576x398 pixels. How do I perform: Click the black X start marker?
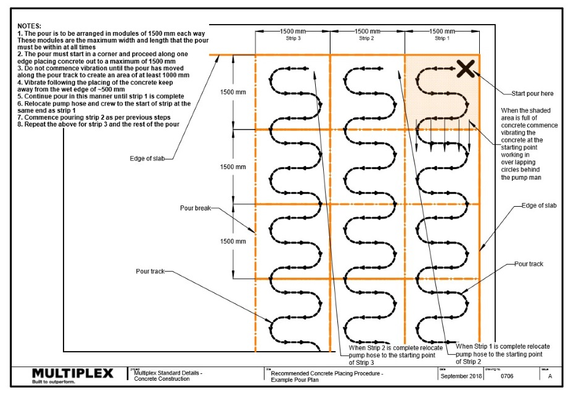click(x=466, y=69)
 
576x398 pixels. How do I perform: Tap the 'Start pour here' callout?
click(x=532, y=94)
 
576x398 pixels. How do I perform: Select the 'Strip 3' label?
click(x=293, y=38)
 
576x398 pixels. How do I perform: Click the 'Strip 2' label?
click(x=368, y=38)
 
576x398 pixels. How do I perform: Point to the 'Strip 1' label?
click(x=442, y=38)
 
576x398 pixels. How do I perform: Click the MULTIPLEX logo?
click(x=72, y=373)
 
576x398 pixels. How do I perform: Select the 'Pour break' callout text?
click(x=195, y=208)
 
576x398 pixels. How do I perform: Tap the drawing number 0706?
click(x=507, y=376)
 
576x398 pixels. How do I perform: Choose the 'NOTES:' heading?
click(x=30, y=26)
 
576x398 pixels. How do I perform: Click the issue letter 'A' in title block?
click(x=549, y=376)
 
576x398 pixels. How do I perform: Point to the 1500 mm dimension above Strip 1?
click(x=442, y=31)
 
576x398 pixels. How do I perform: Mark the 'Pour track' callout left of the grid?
click(x=151, y=271)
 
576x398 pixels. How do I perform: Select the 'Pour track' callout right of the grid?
click(x=529, y=263)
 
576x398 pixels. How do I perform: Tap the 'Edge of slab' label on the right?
click(x=539, y=205)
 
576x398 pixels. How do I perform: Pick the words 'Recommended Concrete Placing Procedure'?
click(x=326, y=373)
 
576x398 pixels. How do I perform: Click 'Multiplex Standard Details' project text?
click(x=168, y=373)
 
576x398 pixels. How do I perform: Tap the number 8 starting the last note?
click(x=20, y=124)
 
